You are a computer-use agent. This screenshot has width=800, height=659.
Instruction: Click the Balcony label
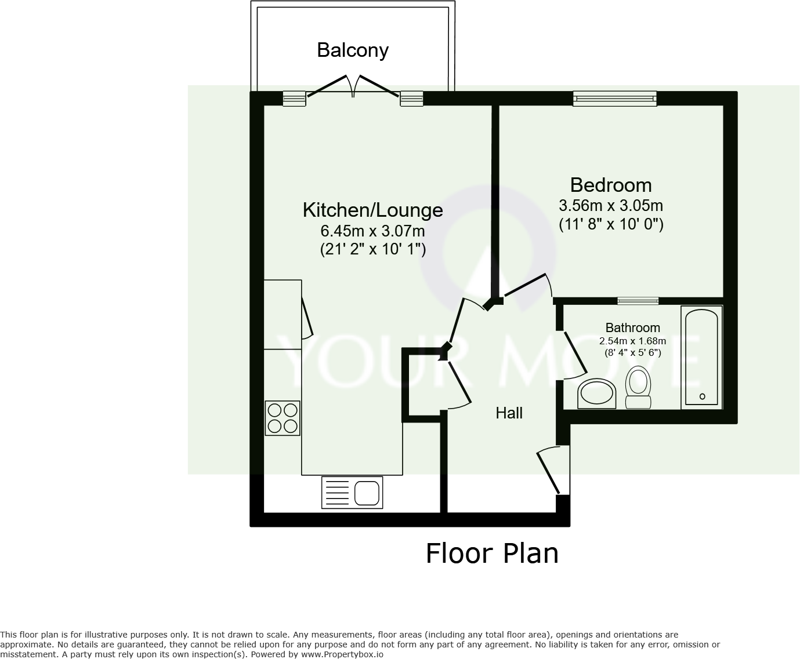(x=352, y=50)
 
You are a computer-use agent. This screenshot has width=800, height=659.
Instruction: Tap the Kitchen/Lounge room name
(x=372, y=210)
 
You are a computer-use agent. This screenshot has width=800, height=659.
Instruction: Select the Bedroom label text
(x=610, y=185)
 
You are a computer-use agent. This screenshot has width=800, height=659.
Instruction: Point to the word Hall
(x=509, y=413)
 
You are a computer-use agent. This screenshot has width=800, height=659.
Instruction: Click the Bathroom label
(x=632, y=328)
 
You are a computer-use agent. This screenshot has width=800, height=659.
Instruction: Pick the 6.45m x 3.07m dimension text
(x=372, y=231)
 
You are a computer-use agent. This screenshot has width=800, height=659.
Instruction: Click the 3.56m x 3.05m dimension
(x=610, y=206)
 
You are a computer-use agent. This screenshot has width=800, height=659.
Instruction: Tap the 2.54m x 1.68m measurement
(x=632, y=341)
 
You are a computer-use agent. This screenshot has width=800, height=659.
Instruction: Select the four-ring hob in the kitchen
(x=283, y=418)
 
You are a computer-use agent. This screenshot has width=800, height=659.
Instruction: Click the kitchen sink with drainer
(x=352, y=493)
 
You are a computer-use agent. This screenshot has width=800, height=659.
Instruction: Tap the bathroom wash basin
(x=596, y=394)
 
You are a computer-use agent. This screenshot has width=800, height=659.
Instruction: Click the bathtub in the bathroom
(x=702, y=356)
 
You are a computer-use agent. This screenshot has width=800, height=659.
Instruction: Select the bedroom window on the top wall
(x=614, y=99)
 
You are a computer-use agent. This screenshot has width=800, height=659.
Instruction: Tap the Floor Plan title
(x=492, y=554)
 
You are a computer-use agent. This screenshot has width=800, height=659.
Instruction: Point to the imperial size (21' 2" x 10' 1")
(x=372, y=250)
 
